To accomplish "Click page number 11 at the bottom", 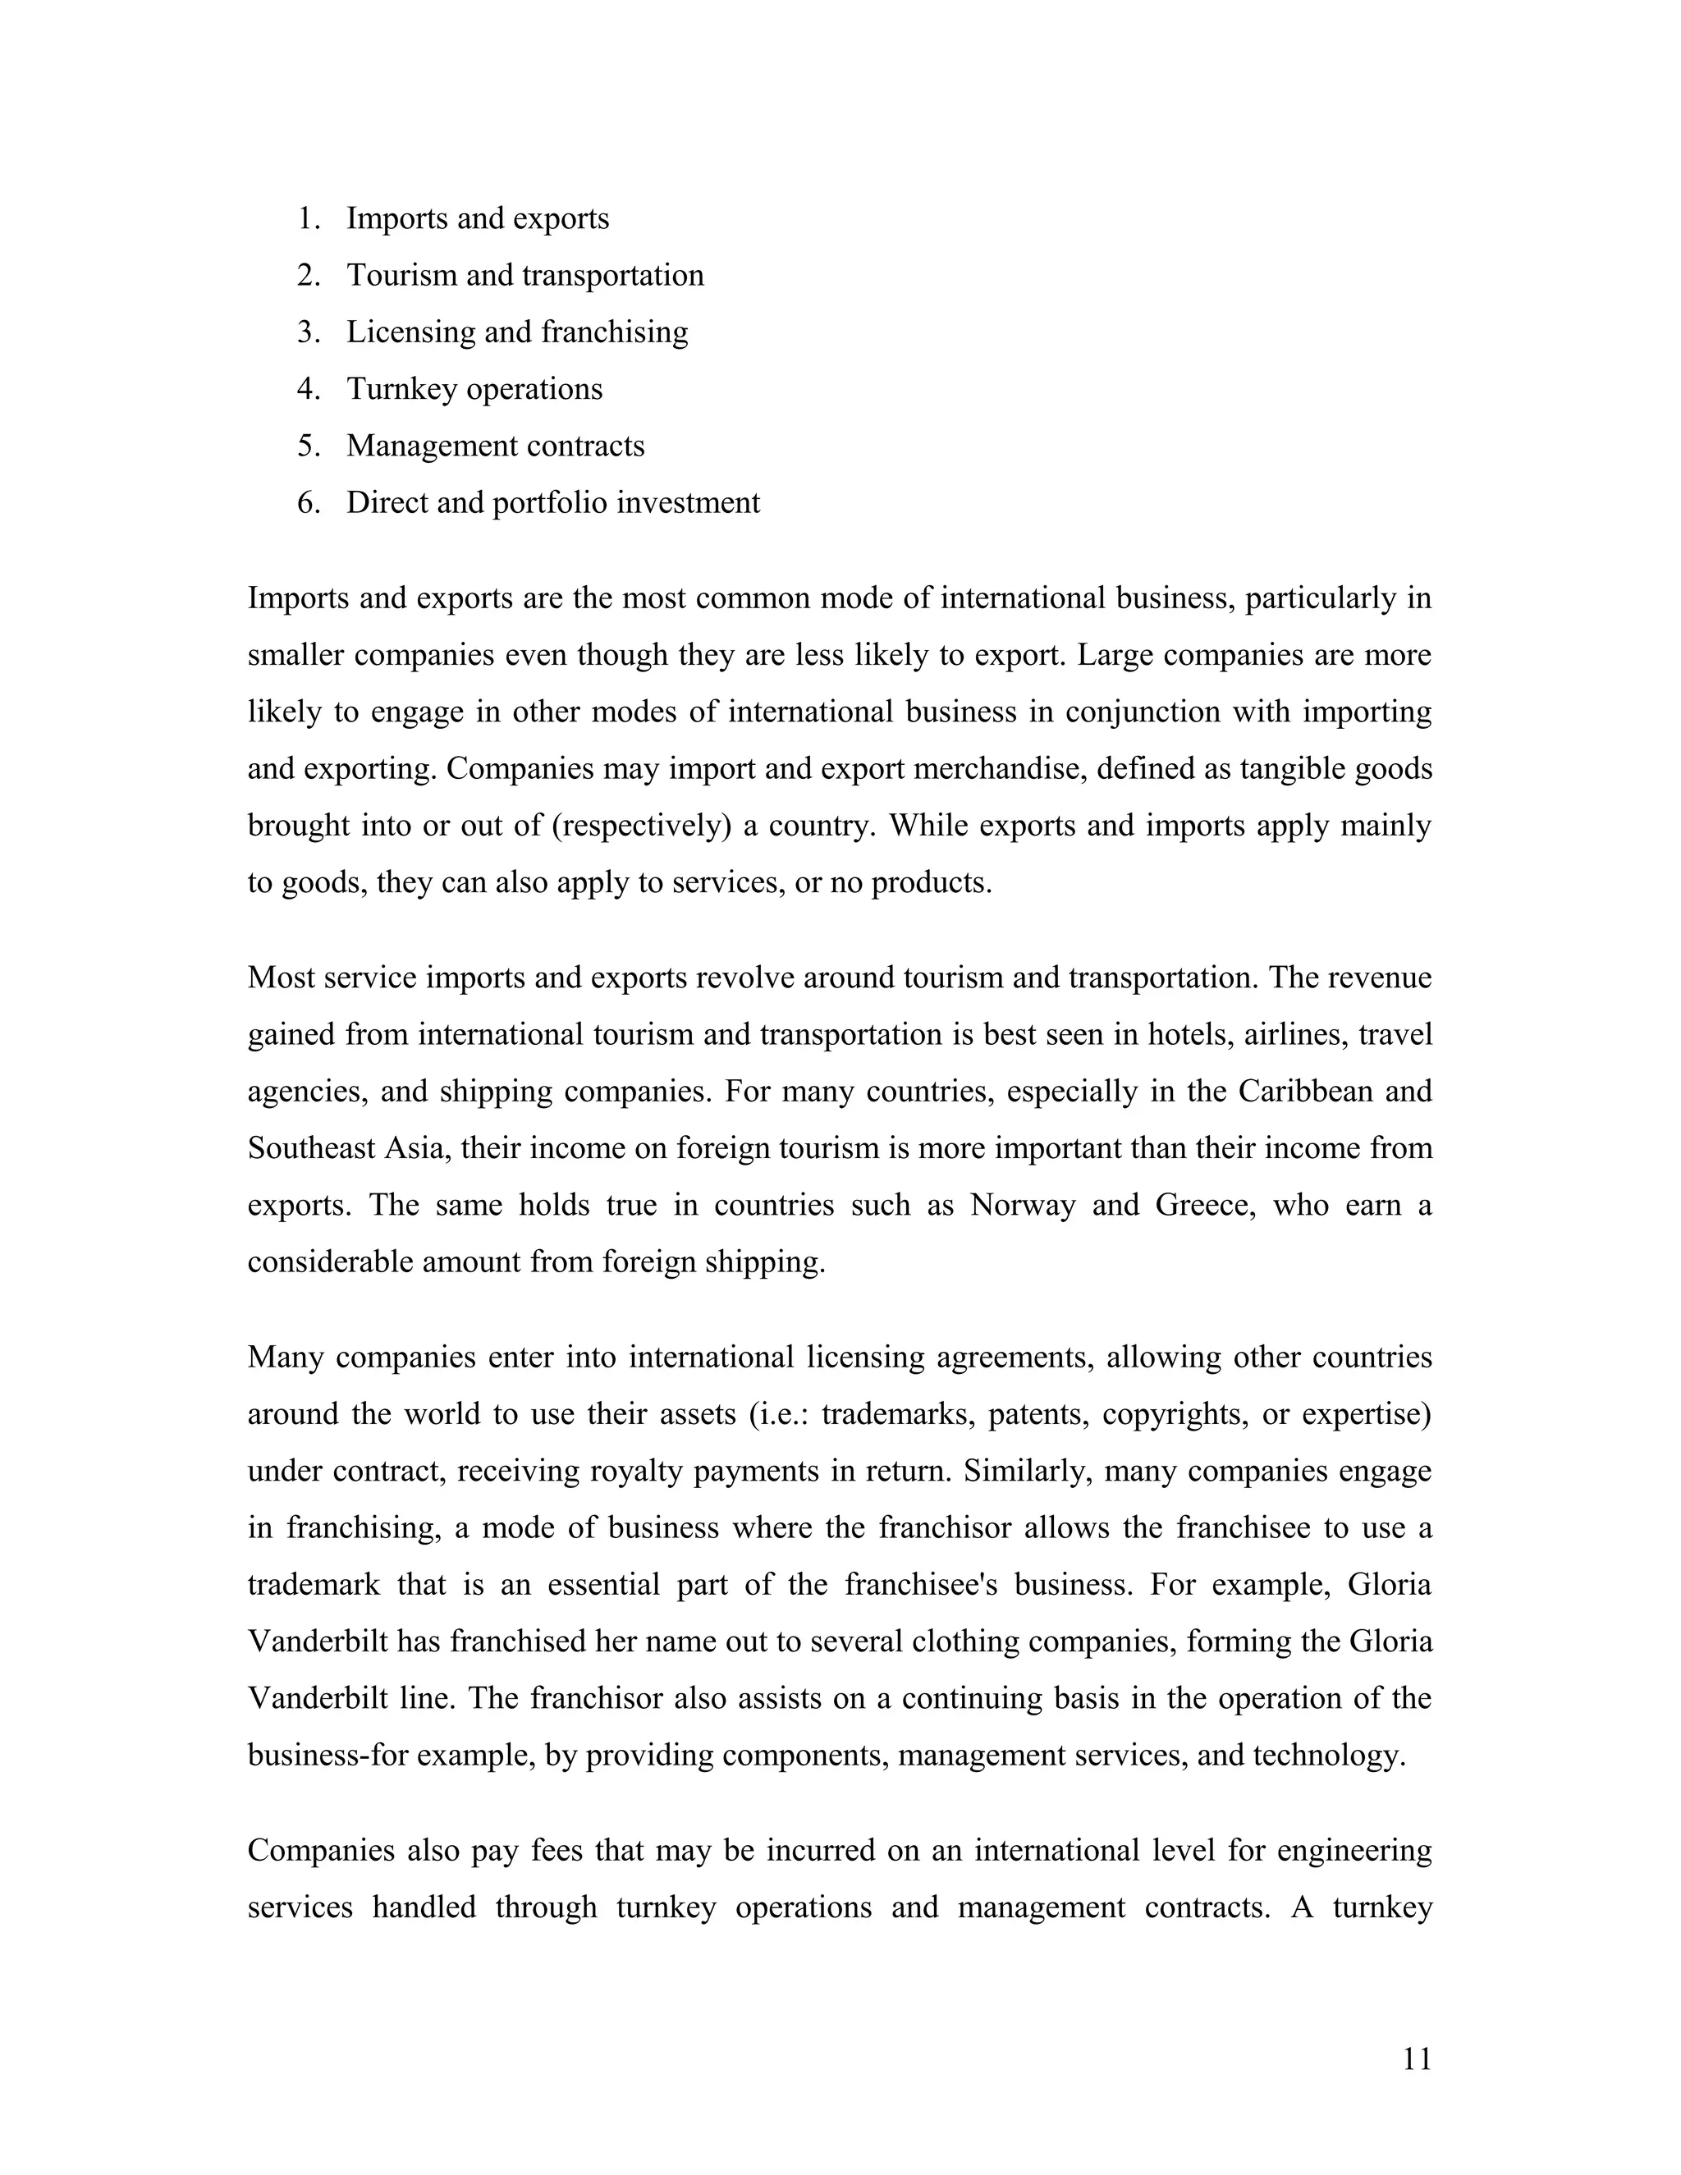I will click(x=1416, y=2058).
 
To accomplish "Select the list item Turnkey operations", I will click(x=474, y=389).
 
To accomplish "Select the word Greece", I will click(x=1206, y=1206).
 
